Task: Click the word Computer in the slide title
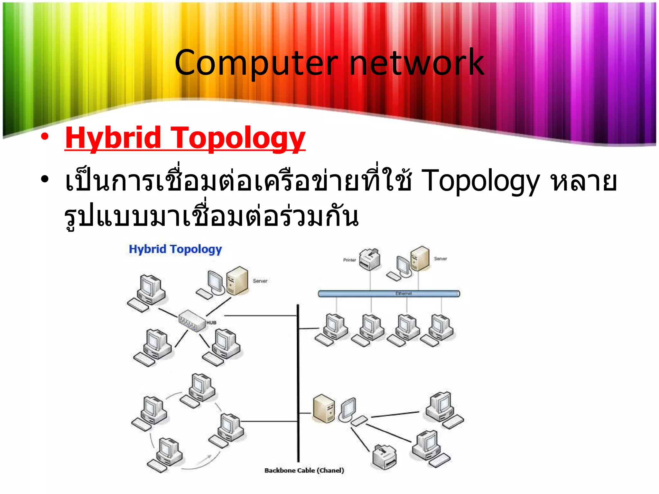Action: pyautogui.click(x=256, y=63)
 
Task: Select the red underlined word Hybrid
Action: pyautogui.click(x=113, y=138)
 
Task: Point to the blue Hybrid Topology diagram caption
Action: pyautogui.click(x=175, y=249)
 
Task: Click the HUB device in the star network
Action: pyautogui.click(x=192, y=320)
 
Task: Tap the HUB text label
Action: pyautogui.click(x=211, y=323)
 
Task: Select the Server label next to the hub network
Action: pyautogui.click(x=260, y=281)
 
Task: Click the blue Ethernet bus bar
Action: pyautogui.click(x=388, y=294)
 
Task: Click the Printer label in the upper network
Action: pyautogui.click(x=349, y=260)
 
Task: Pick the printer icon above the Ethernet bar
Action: pyautogui.click(x=369, y=259)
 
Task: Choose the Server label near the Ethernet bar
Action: pyautogui.click(x=440, y=259)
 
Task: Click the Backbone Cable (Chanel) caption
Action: pyautogui.click(x=304, y=471)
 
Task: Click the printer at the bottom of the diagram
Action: pyautogui.click(x=384, y=457)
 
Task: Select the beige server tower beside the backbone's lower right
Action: pyautogui.click(x=324, y=408)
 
